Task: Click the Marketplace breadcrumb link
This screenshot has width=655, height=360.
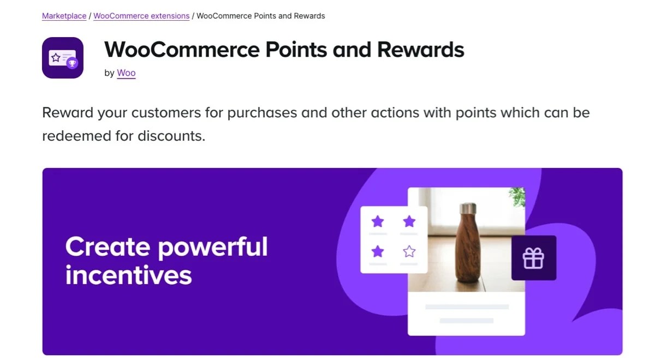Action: pyautogui.click(x=64, y=16)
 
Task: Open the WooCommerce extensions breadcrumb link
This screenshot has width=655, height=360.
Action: pyautogui.click(x=141, y=16)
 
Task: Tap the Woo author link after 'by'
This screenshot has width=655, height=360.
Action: pyautogui.click(x=126, y=73)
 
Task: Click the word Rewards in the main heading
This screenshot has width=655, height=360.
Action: pyautogui.click(x=420, y=50)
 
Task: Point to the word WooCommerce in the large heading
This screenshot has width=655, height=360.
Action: pyautogui.click(x=181, y=50)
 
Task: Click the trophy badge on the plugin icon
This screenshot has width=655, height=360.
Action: pyautogui.click(x=72, y=64)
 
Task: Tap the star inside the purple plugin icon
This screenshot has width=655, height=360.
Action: pyautogui.click(x=56, y=57)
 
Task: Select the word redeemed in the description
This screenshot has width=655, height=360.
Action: pyautogui.click(x=76, y=135)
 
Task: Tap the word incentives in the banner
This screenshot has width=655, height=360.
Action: pyautogui.click(x=129, y=274)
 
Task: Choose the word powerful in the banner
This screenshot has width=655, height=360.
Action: pyautogui.click(x=213, y=247)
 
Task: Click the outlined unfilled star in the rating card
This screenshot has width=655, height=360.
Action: pyautogui.click(x=409, y=251)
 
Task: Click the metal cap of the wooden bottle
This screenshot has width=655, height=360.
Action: pyautogui.click(x=468, y=209)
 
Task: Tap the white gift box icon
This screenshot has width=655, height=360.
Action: pyautogui.click(x=533, y=258)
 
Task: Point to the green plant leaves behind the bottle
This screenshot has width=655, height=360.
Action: pyautogui.click(x=516, y=197)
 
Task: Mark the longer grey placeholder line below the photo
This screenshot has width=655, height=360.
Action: pyautogui.click(x=467, y=307)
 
